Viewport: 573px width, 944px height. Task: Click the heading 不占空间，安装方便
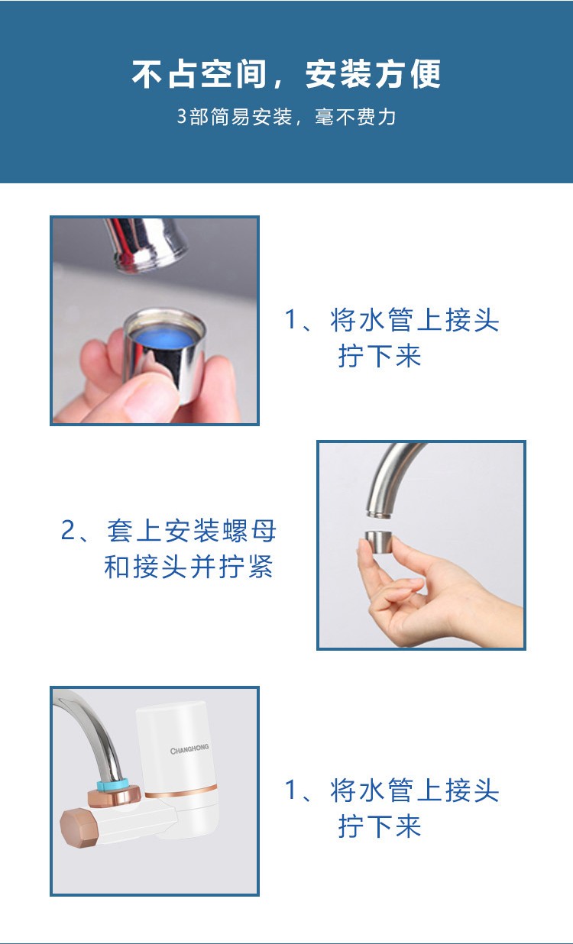coord(286,74)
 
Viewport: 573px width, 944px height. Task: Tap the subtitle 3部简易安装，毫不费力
coord(286,117)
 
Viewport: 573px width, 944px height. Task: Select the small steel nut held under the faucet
coord(378,542)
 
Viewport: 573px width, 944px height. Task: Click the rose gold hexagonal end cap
coord(79,828)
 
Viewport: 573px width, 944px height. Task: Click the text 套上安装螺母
coord(192,531)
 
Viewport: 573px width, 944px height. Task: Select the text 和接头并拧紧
coord(189,567)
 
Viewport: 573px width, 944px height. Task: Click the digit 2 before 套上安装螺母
coord(67,530)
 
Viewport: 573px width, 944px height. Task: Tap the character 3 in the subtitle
coord(181,117)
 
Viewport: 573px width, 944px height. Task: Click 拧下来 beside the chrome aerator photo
coord(380,356)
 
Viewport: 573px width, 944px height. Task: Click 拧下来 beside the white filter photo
coord(380,826)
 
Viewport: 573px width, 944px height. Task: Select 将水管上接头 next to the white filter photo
coord(415,790)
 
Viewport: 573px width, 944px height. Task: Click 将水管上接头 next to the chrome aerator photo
coord(415,320)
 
